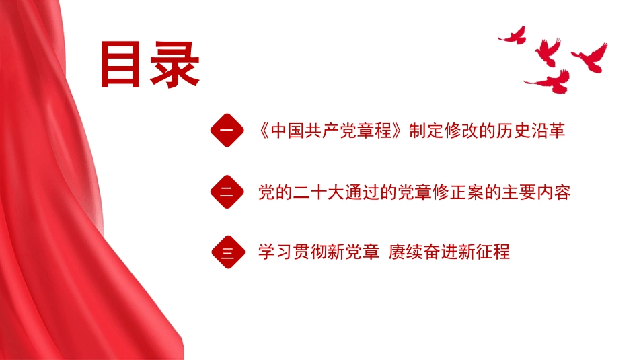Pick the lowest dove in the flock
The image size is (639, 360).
[x=550, y=81]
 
